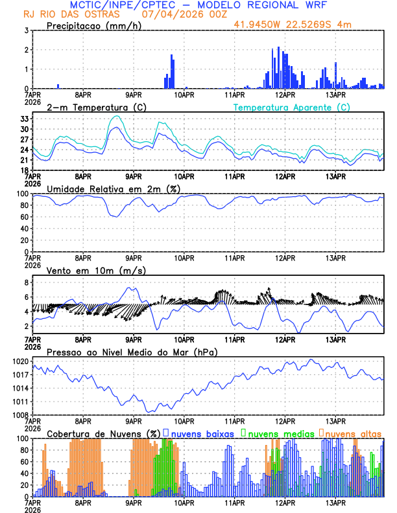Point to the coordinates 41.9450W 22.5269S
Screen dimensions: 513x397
click(x=293, y=25)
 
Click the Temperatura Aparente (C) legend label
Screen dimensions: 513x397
click(x=291, y=107)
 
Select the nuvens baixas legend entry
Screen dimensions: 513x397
click(x=202, y=433)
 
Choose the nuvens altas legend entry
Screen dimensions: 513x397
click(x=353, y=433)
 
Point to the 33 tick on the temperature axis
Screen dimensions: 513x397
click(x=23, y=119)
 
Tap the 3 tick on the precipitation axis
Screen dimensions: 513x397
click(x=26, y=30)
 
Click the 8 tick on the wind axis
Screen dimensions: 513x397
click(x=26, y=283)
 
